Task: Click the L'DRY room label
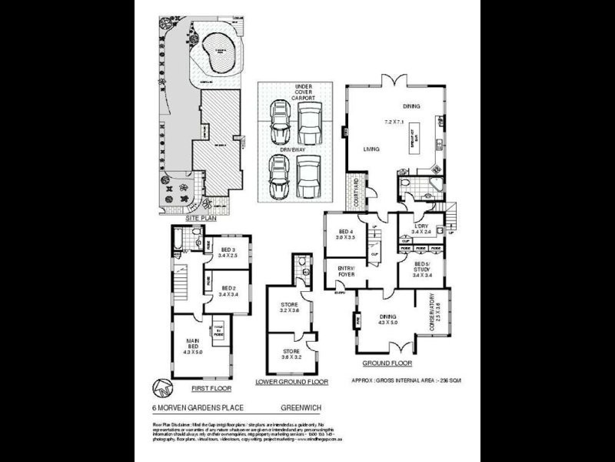click(421, 226)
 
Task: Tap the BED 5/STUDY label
click(423, 269)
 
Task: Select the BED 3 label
click(227, 253)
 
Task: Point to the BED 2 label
click(227, 290)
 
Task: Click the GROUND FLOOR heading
click(387, 363)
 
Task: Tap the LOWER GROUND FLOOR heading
click(291, 382)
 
